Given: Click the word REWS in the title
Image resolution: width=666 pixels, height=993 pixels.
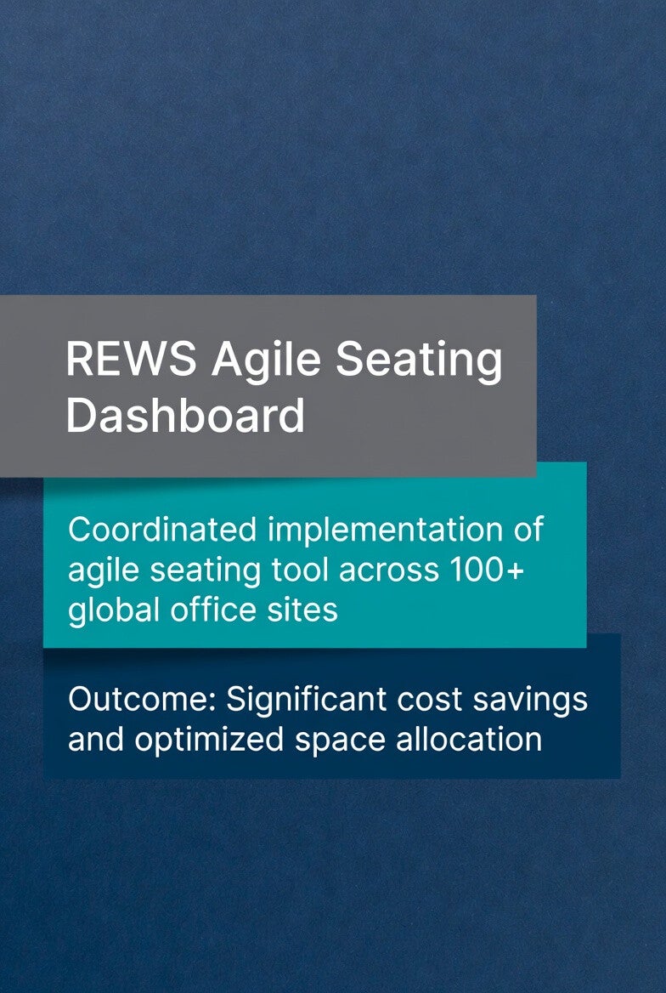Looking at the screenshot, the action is point(131,359).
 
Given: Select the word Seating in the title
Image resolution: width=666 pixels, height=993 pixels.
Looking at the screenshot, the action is point(419,362).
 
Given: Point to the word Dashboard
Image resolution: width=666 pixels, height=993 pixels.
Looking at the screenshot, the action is point(185,416).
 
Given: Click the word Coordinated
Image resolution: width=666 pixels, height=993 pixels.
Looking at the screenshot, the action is point(162,530).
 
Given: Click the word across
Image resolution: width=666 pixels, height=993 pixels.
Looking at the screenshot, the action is point(389,572).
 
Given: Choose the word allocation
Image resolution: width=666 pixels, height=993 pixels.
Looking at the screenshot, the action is point(469,739).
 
